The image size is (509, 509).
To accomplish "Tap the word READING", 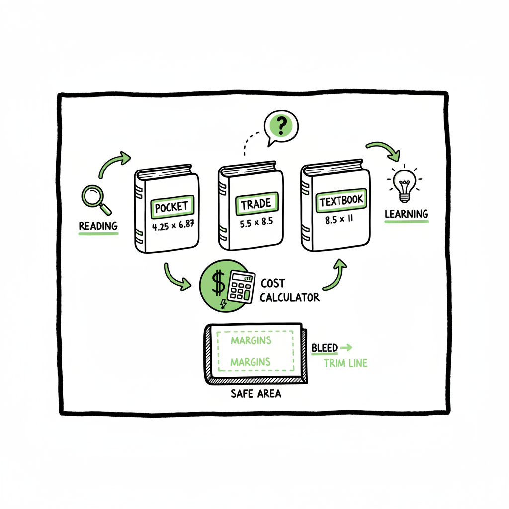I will (98, 226).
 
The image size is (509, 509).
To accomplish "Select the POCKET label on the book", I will (172, 207).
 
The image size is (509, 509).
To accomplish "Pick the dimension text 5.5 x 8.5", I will (256, 222).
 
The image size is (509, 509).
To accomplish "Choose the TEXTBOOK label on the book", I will (341, 201).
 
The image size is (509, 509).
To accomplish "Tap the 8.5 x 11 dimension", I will (339, 220).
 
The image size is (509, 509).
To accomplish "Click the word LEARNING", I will (407, 214).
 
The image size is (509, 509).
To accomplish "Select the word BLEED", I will (324, 348).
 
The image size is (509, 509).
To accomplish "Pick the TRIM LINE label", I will (345, 363).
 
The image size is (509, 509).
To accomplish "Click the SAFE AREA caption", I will (255, 394).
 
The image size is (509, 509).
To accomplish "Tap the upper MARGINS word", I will (251, 340).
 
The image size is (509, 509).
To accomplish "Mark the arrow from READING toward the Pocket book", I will (114, 164).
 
